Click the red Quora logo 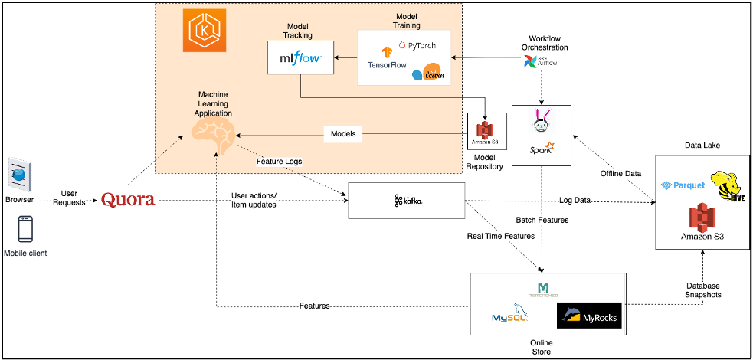[x=128, y=200]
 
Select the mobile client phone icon [x=25, y=229]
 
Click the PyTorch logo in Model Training [x=417, y=46]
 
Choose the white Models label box [x=342, y=134]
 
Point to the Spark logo [x=542, y=146]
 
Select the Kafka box [x=407, y=201]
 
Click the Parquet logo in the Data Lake [x=682, y=186]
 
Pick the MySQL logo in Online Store [x=512, y=314]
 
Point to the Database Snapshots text [x=702, y=290]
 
